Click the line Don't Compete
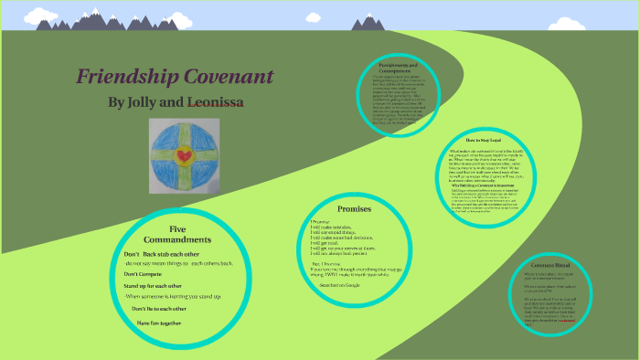coord(144,273)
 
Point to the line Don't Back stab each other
coord(174,253)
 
